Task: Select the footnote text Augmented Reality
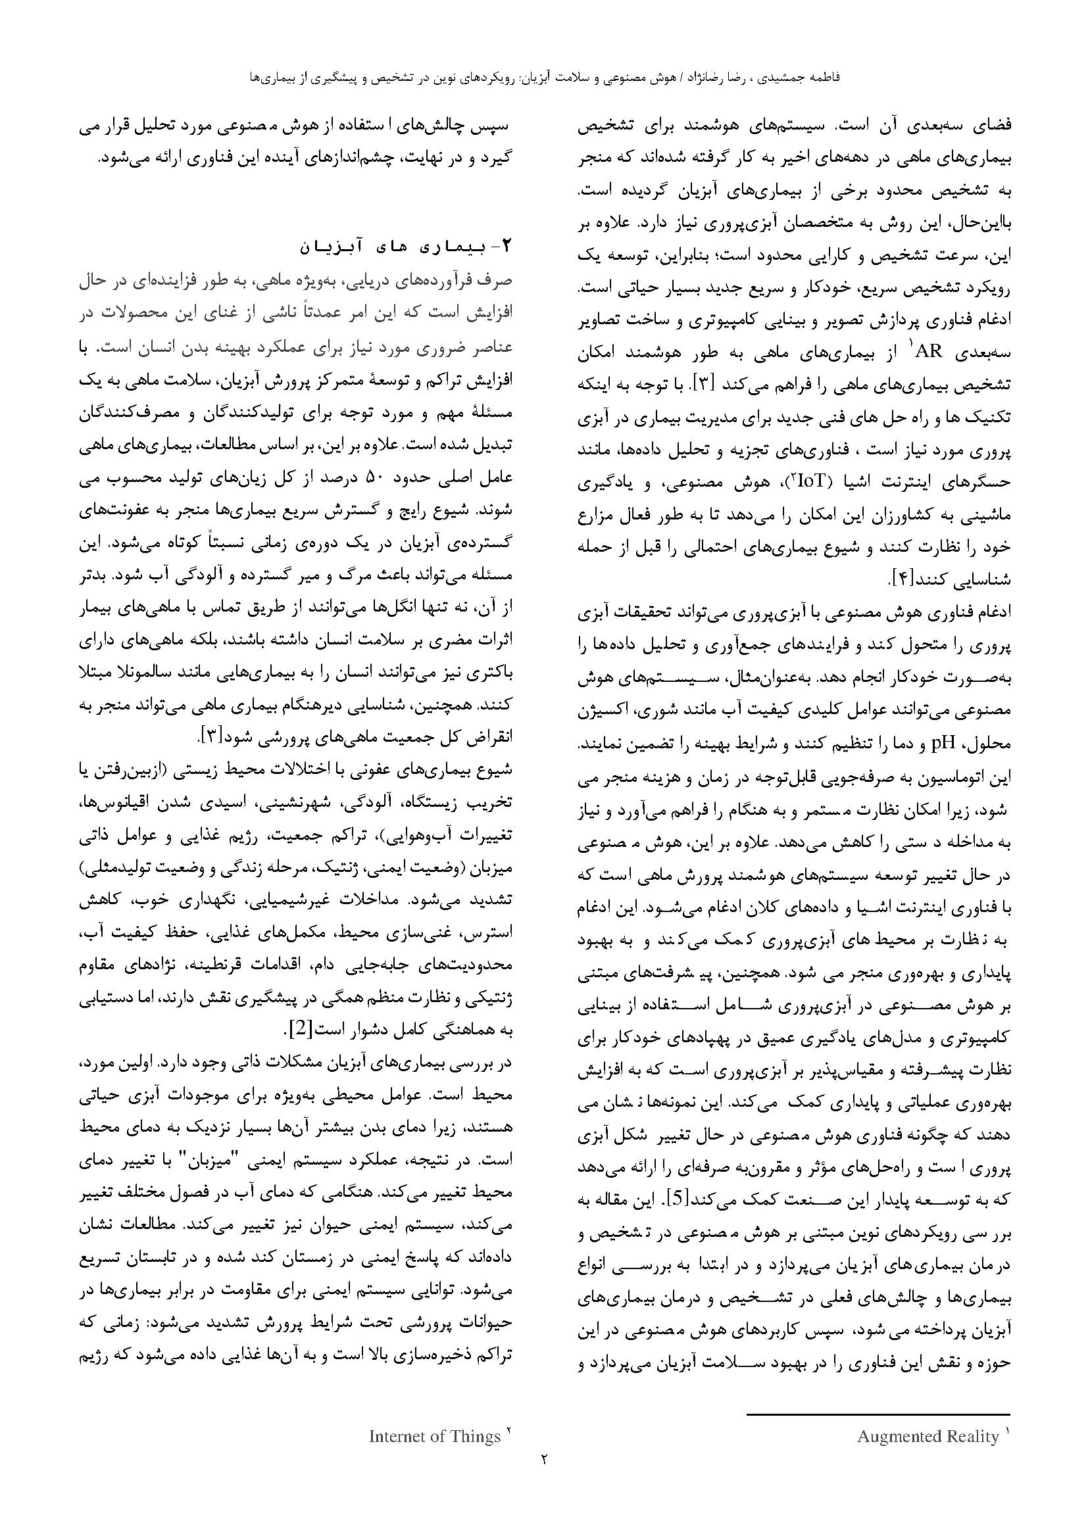[x=928, y=1436]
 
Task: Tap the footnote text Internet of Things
[x=435, y=1436]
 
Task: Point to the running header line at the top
[x=544, y=77]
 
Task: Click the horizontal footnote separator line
[x=878, y=1410]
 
